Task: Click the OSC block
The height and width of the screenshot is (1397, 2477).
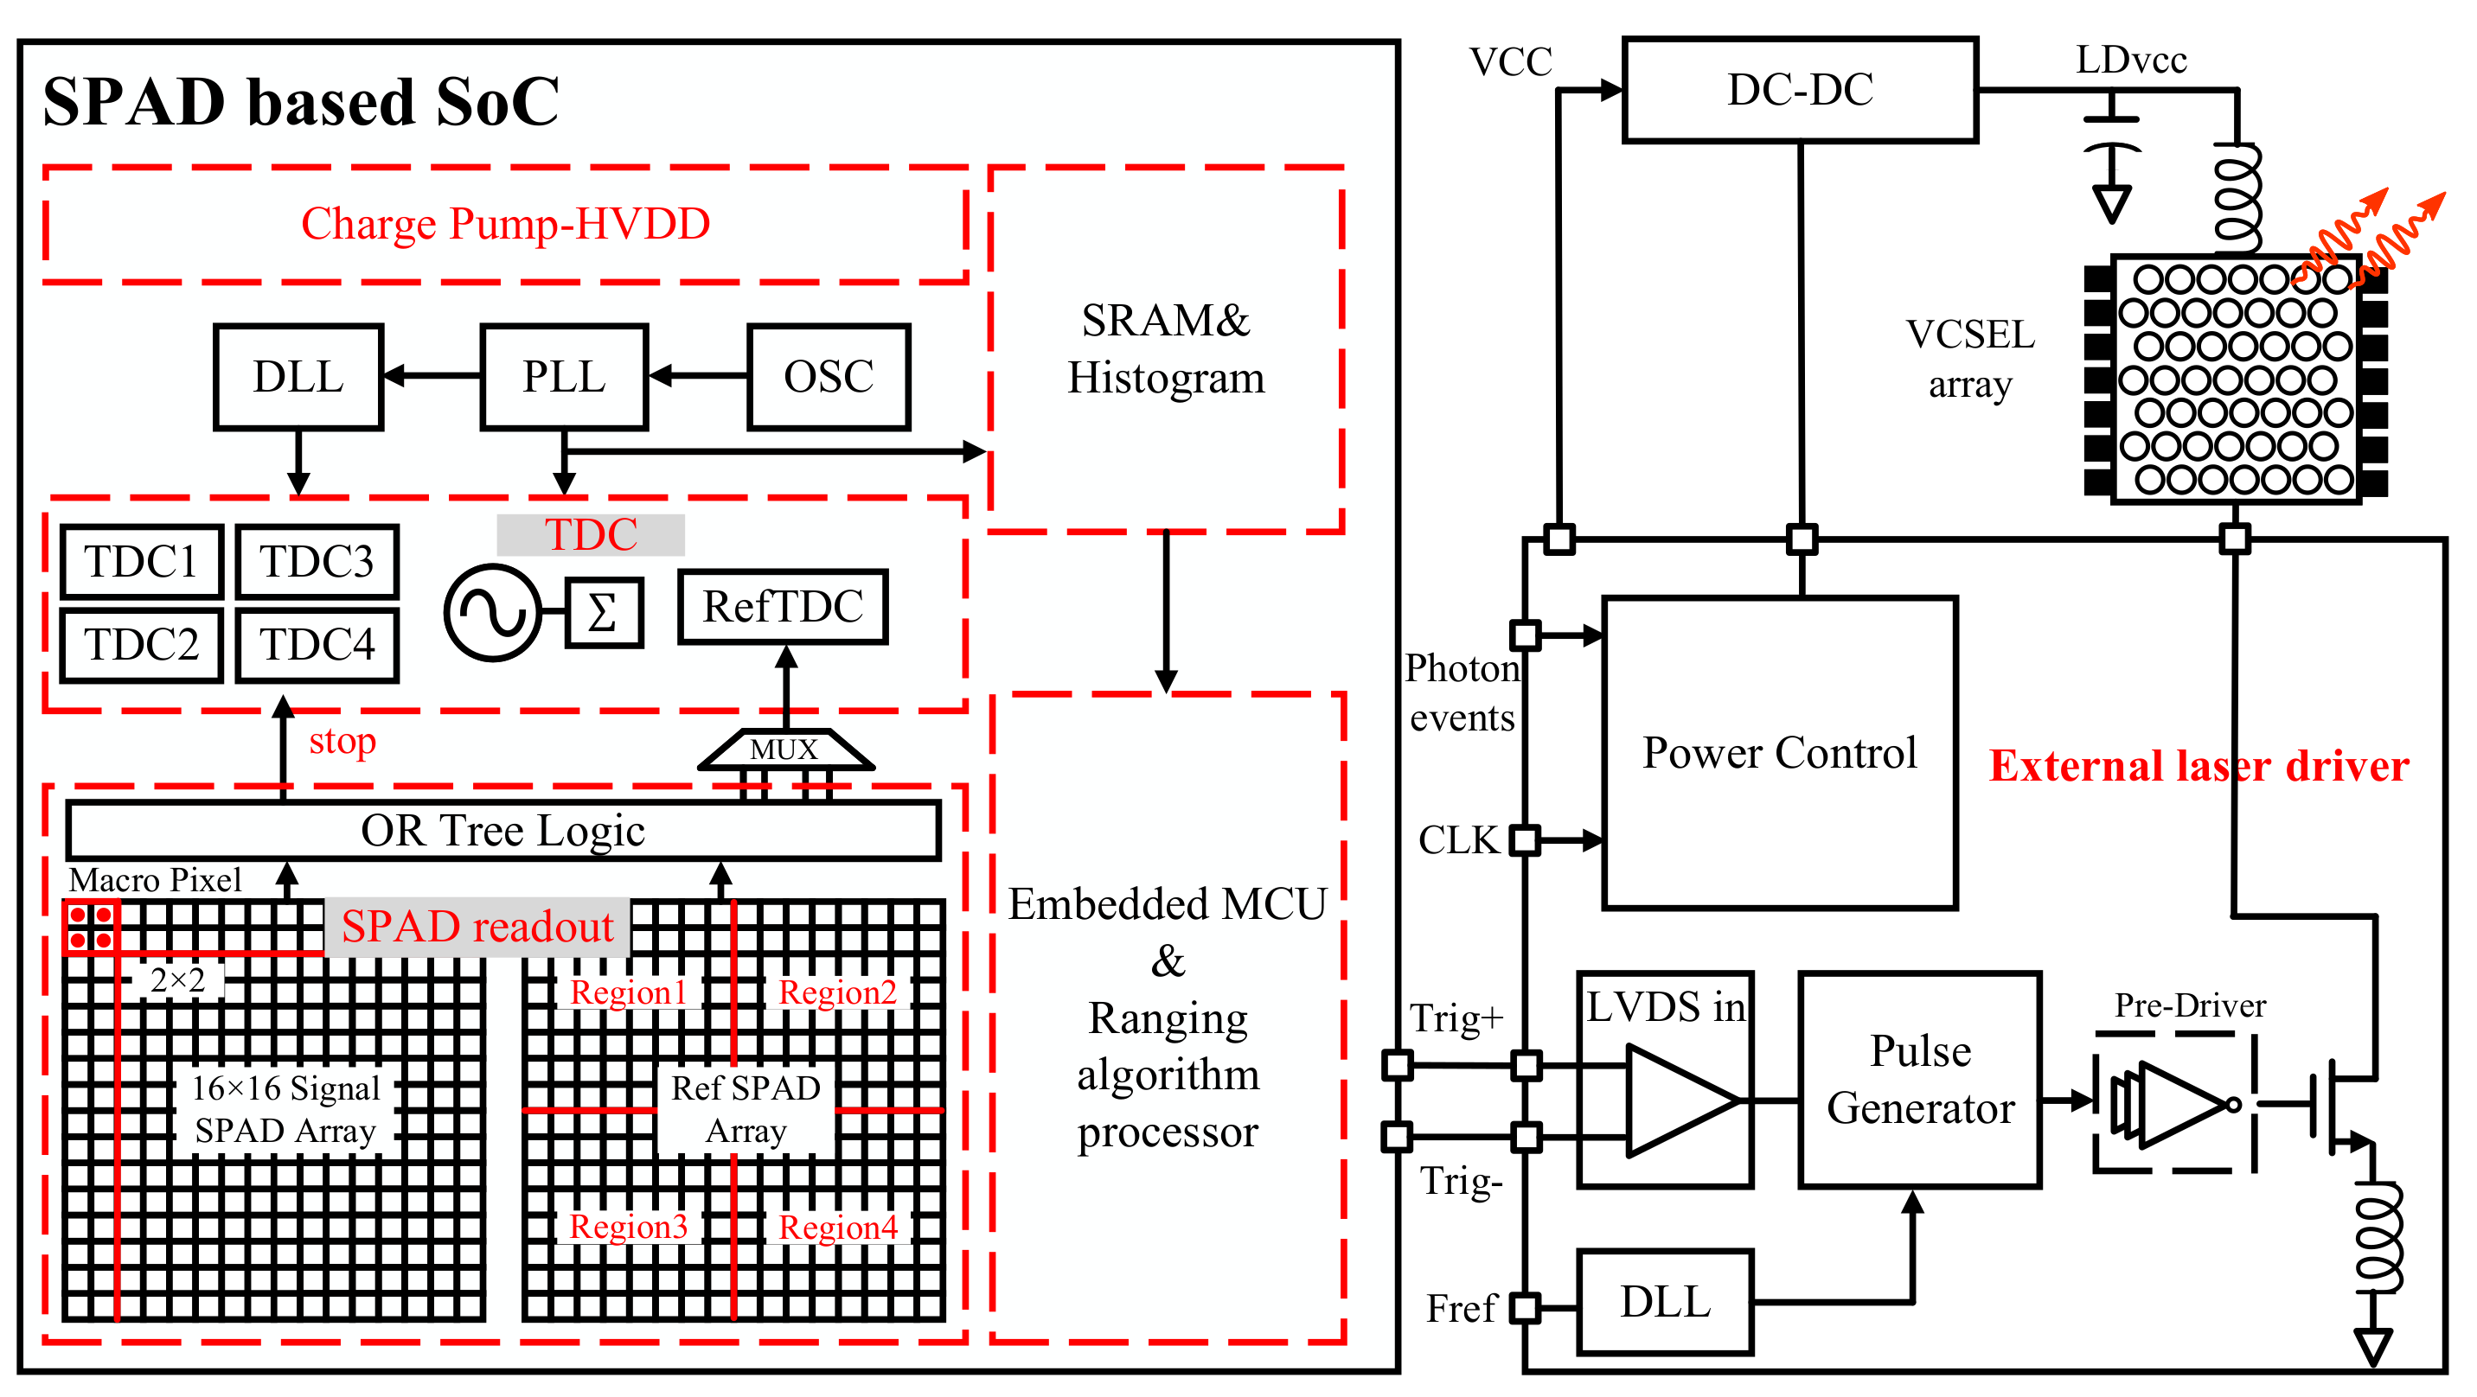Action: coord(828,377)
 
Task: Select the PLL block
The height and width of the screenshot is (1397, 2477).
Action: coord(564,377)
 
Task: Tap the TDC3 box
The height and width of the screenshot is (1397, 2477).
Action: coord(317,562)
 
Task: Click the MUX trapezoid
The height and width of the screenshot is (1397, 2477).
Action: coord(784,750)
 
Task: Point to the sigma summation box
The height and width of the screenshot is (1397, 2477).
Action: coord(603,612)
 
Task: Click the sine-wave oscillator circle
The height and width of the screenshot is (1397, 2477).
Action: coord(492,612)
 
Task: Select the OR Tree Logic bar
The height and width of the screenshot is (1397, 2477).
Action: coord(502,831)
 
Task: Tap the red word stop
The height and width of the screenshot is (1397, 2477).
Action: coord(342,741)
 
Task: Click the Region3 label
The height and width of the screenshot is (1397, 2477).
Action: coord(628,1227)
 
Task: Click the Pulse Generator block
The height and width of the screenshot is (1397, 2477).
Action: coord(1919,1080)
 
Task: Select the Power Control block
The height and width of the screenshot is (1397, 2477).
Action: coord(1779,753)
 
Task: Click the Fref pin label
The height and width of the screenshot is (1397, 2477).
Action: coord(1461,1309)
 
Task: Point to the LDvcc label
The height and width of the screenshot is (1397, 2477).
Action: coord(2131,61)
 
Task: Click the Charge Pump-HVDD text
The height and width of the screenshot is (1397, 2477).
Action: coord(505,224)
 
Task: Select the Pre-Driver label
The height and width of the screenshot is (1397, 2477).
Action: coord(2190,1005)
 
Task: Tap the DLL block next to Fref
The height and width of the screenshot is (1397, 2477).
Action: coord(1665,1303)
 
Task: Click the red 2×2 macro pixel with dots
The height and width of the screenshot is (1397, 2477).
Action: coord(91,927)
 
